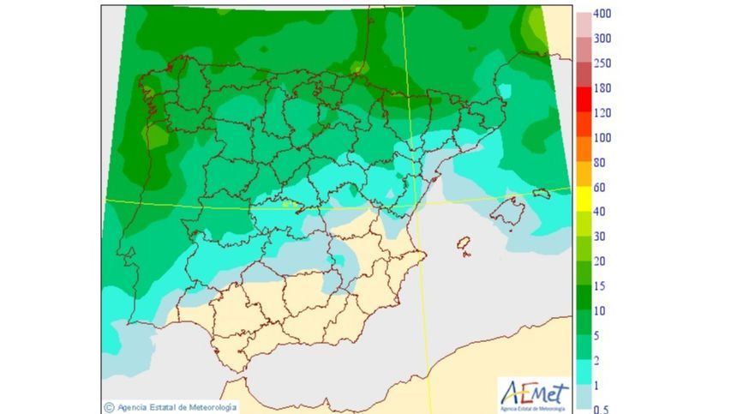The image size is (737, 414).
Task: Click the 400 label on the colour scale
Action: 603,14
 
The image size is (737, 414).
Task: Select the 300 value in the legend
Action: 603,39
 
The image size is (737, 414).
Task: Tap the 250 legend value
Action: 603,63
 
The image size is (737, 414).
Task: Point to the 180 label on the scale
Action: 603,87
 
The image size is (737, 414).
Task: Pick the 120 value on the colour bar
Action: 603,112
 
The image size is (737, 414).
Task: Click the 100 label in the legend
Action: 603,137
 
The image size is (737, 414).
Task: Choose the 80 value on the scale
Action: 600,162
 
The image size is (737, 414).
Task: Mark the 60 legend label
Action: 600,187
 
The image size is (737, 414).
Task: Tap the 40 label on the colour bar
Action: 600,211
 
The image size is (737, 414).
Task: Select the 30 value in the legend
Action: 600,236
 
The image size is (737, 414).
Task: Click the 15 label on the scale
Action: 600,285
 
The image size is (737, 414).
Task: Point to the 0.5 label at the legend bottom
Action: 602,409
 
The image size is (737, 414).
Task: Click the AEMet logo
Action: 533,394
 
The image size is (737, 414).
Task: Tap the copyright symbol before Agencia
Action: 109,407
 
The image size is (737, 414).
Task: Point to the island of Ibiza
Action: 464,247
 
